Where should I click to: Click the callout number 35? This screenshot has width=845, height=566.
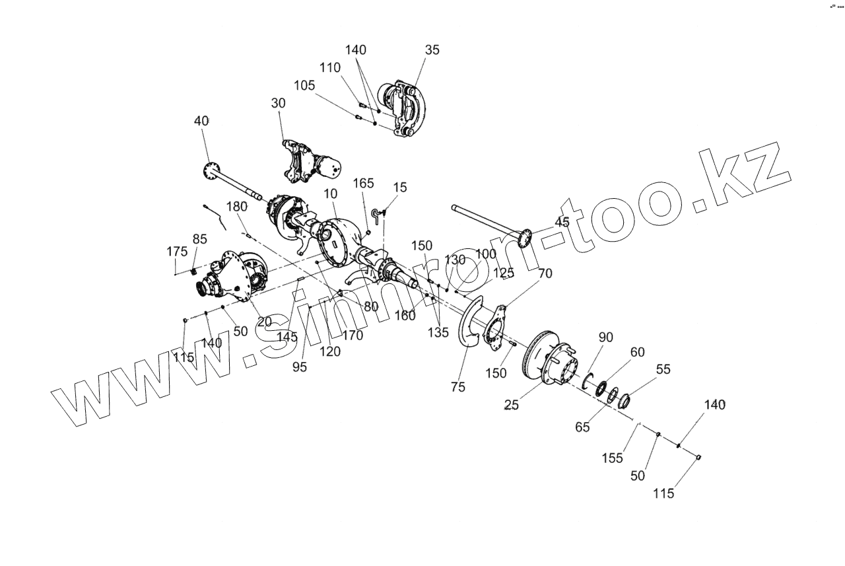point(432,50)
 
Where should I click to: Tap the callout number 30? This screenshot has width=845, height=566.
point(278,104)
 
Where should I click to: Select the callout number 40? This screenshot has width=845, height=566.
point(201,121)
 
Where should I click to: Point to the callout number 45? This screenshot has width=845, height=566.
point(562,223)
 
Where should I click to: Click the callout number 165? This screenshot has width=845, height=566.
point(364,183)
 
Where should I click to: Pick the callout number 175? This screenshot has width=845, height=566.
point(177,252)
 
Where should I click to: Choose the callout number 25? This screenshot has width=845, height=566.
point(511,405)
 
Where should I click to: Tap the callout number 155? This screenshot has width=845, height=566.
point(613,458)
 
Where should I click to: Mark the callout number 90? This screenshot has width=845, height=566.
point(606,337)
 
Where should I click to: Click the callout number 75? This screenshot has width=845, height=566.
point(458,387)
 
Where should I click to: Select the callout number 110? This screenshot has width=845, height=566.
point(330,67)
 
